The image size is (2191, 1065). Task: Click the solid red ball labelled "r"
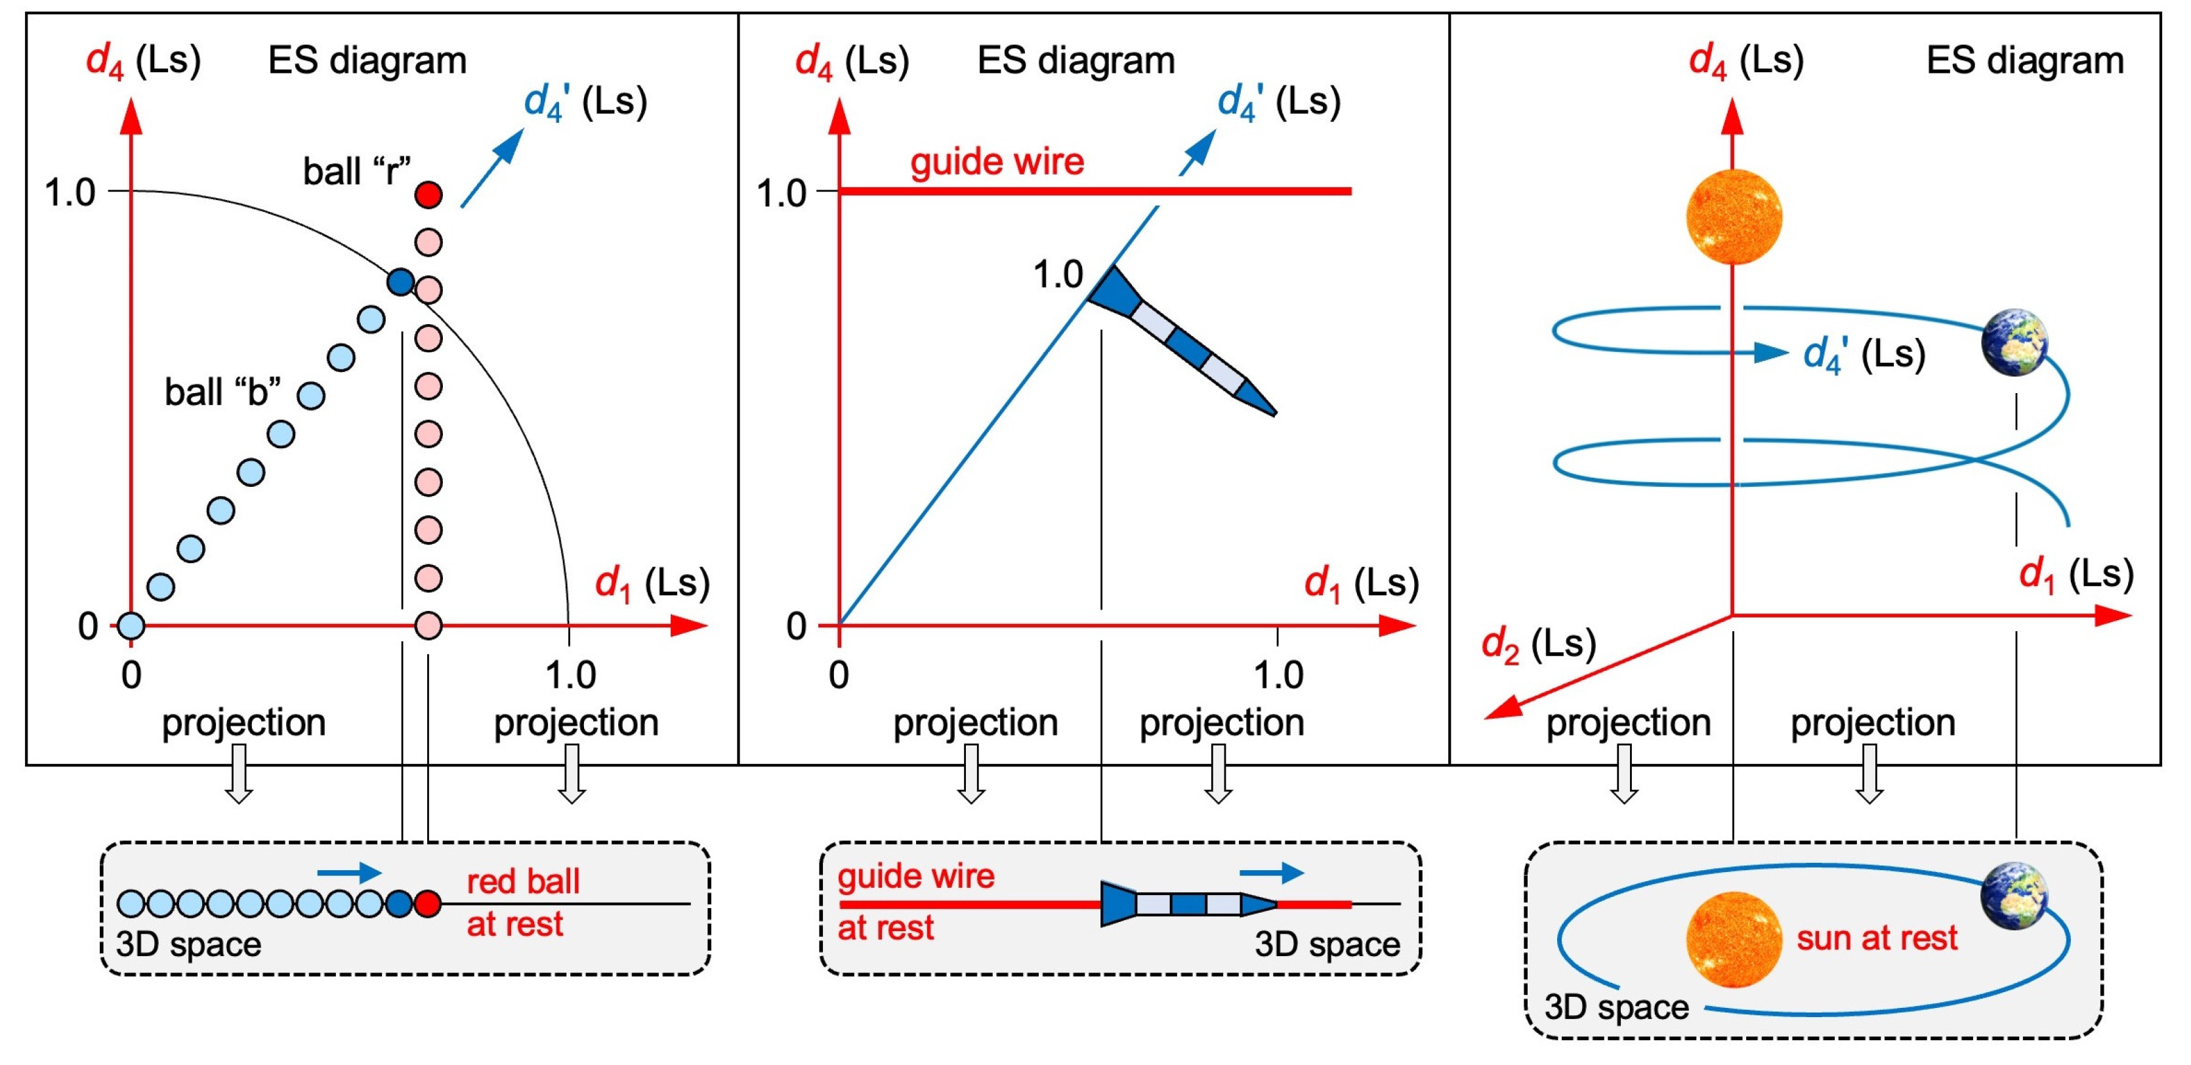[x=428, y=195]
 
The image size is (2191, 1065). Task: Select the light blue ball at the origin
[x=131, y=625]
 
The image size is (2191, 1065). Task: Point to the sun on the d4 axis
[x=1734, y=216]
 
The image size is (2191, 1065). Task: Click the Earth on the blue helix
[x=2013, y=343]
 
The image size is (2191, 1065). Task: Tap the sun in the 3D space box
[x=1734, y=940]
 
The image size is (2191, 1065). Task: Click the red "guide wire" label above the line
[x=997, y=161]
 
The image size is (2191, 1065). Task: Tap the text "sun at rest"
[x=1876, y=938]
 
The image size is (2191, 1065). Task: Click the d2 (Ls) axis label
[x=1538, y=644]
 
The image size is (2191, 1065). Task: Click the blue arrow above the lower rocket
[x=1271, y=872]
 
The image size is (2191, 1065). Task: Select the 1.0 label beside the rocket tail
[x=1057, y=275]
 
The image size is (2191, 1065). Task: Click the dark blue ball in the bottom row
[x=399, y=904]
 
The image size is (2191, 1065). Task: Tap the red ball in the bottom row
[x=428, y=904]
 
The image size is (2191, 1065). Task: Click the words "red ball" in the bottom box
[x=523, y=881]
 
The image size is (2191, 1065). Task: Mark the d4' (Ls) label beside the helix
[x=1864, y=354]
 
